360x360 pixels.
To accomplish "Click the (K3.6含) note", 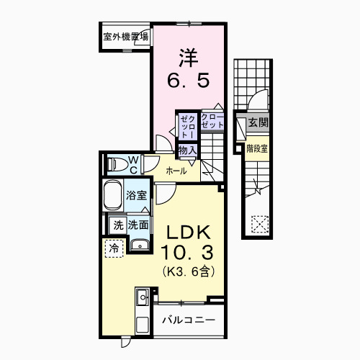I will coord(188,272).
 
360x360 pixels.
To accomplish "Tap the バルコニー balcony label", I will coord(188,319).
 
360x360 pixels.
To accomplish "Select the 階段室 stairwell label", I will coord(257,149).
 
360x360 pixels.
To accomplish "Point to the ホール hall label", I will coord(176,171).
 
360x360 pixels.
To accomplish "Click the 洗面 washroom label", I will coord(138,225).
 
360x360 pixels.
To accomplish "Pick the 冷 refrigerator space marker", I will coord(114,248).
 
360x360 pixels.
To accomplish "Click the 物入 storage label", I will coord(187,149).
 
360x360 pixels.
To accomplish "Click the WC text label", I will coord(133,164).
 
